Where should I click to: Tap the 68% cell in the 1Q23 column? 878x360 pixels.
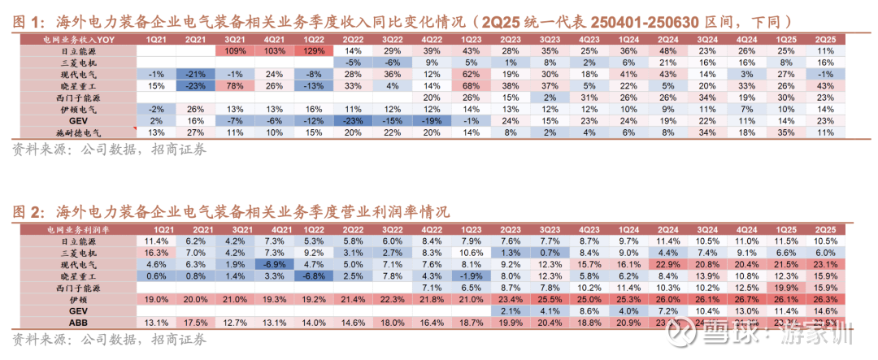(471, 85)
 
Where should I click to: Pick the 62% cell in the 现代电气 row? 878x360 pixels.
(471, 73)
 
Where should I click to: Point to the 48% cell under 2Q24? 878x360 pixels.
(667, 50)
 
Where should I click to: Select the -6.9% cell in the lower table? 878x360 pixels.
(275, 264)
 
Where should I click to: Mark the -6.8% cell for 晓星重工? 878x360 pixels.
(314, 275)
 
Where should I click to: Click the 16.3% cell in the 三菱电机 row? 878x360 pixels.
(157, 253)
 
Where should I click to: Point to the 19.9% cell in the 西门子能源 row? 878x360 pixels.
(785, 287)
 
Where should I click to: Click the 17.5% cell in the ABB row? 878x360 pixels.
(196, 322)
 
